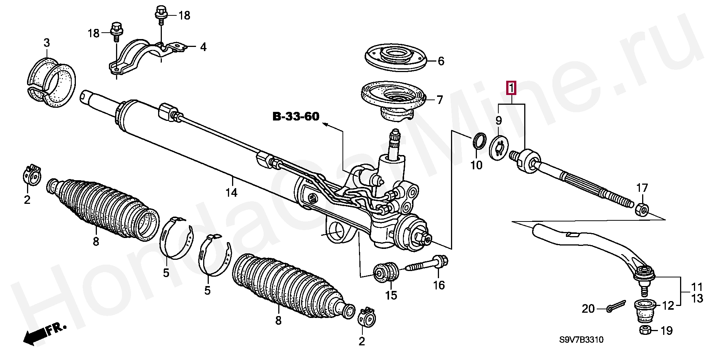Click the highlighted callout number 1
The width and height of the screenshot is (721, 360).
point(511,88)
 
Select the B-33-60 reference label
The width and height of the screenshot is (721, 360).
point(296,116)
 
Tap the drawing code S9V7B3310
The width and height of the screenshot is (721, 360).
point(581,340)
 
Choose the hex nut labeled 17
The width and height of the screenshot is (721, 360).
point(642,209)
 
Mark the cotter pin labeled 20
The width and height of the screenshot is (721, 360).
point(615,306)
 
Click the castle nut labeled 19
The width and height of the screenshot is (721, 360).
point(646,330)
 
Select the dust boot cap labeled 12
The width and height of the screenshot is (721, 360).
point(645,310)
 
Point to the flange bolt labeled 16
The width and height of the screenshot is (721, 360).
point(428,264)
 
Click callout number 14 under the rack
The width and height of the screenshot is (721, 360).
point(231,193)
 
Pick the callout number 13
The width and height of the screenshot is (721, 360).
point(697,299)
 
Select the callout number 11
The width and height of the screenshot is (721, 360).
point(697,287)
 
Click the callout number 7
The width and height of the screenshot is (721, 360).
point(440,100)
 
